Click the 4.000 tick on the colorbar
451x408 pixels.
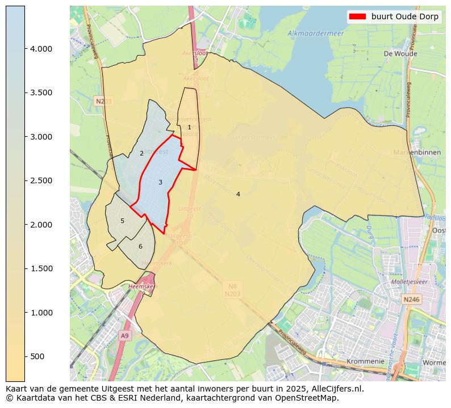click(41, 49)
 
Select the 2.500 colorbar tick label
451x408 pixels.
click(41, 180)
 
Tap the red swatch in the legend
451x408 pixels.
click(357, 16)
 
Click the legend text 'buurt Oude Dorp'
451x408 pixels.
click(404, 16)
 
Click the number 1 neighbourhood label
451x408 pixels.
click(189, 128)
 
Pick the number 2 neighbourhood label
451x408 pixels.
click(141, 153)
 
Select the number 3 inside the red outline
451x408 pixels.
click(160, 182)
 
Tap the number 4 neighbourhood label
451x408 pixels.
click(238, 194)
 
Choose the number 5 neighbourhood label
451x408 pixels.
click(122, 221)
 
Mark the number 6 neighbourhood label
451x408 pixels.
click(140, 246)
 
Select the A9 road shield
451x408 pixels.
click(125, 336)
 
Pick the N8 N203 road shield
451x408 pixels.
click(232, 291)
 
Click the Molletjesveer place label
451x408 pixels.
click(409, 281)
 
